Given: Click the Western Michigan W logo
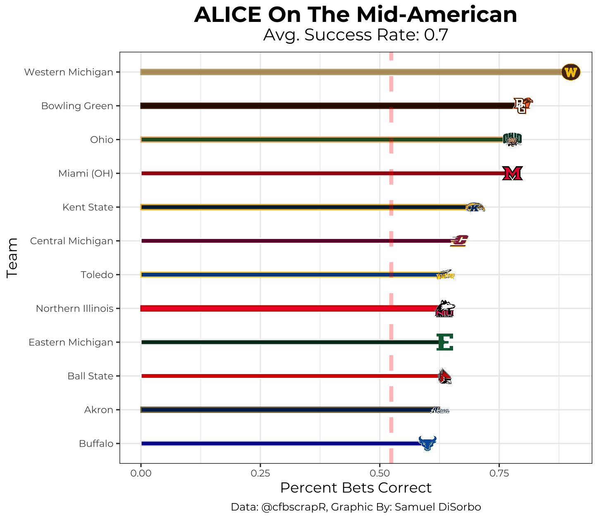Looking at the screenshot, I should (x=570, y=72).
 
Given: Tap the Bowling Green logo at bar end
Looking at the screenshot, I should (x=522, y=106).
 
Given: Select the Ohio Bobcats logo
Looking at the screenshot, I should (x=512, y=140).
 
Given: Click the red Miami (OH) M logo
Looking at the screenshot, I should (x=513, y=173).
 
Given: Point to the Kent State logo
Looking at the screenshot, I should (x=475, y=208).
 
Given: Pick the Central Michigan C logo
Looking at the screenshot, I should (x=459, y=241).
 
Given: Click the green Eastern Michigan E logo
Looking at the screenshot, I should (x=445, y=342).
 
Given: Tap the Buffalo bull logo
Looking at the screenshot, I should (x=427, y=443).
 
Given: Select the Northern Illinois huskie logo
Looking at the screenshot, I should (x=445, y=309).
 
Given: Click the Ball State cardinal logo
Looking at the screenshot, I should (x=445, y=376).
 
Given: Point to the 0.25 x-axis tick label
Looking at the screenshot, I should (x=260, y=472).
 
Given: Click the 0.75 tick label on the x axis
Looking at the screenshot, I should (x=499, y=472).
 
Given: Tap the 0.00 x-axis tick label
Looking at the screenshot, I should (x=141, y=472).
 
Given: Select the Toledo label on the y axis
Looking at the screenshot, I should (x=97, y=275).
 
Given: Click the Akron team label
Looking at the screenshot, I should (x=99, y=410).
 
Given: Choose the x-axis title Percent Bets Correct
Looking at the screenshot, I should (x=356, y=488).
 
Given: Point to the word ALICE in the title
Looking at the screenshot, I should (x=227, y=15).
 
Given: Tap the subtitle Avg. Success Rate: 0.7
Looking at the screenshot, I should (x=356, y=36).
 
